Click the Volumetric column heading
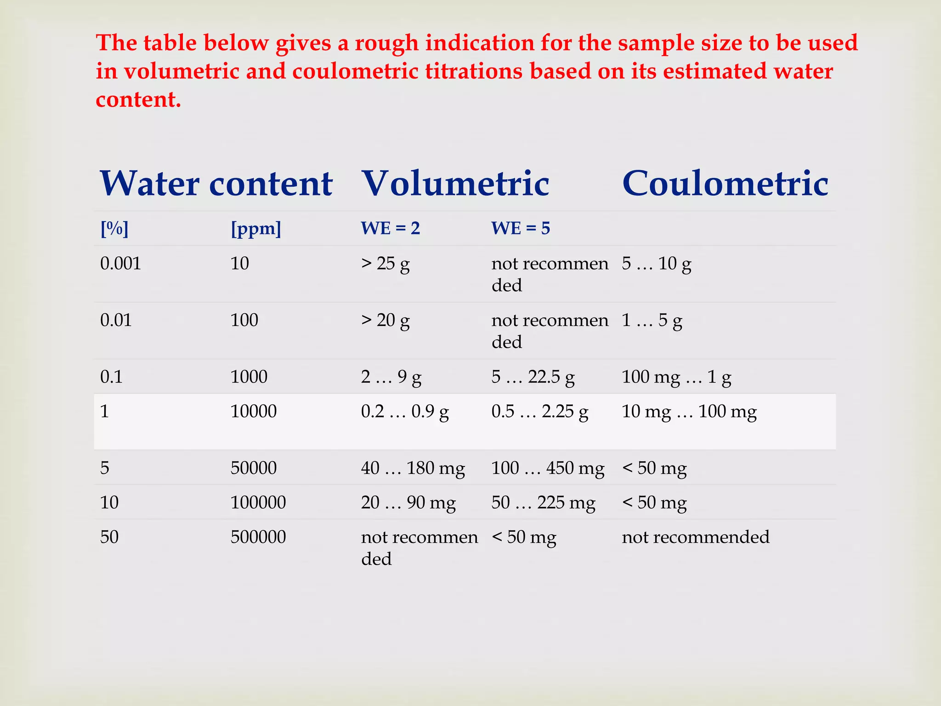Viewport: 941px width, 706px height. click(455, 183)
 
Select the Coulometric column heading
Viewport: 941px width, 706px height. click(725, 183)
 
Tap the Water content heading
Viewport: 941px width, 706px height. click(216, 183)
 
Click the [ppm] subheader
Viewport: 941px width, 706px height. click(255, 228)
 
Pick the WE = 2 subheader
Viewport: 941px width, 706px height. click(390, 228)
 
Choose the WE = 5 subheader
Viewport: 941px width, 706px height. click(520, 228)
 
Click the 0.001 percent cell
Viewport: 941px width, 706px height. click(120, 263)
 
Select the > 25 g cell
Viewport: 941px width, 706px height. click(385, 264)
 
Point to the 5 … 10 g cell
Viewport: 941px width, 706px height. click(656, 264)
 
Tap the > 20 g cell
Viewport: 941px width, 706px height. click(385, 320)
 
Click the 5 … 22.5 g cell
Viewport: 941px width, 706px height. click(533, 377)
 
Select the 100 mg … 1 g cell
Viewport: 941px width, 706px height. click(676, 377)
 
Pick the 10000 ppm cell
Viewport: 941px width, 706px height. click(253, 411)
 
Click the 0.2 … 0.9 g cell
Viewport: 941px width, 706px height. click(404, 411)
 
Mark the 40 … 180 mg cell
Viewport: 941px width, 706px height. click(413, 468)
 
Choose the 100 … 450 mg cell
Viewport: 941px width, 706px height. click(547, 468)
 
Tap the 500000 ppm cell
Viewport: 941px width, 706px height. click(258, 537)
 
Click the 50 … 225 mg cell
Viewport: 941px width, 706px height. click(543, 503)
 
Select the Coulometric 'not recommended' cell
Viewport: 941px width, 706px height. click(695, 537)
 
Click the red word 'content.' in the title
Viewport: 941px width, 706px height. click(138, 99)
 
